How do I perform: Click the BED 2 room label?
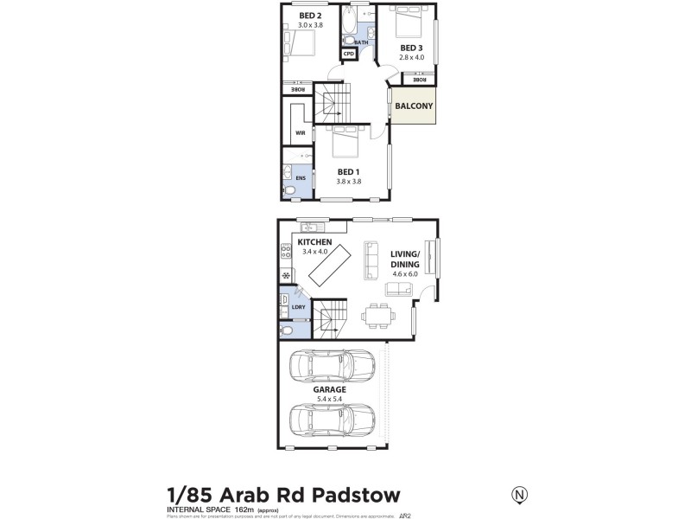[310, 16]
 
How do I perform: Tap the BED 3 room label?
[410, 47]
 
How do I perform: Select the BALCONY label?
[413, 106]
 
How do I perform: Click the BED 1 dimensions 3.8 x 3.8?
[348, 182]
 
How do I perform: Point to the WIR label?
[301, 133]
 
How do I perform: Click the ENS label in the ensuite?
[300, 178]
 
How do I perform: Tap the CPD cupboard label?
[349, 54]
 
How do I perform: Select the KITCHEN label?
[314, 242]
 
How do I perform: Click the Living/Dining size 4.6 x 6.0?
[403, 273]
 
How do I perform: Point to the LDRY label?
[299, 306]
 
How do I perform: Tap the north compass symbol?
[520, 495]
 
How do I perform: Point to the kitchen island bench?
[330, 269]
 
